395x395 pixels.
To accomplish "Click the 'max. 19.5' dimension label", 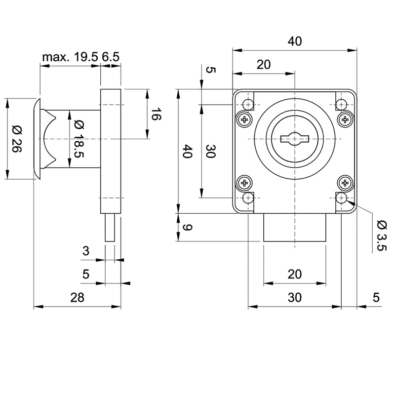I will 70,58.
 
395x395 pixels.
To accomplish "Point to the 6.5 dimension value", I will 111,58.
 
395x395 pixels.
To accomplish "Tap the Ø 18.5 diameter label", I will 78,139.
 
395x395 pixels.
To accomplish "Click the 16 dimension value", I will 156,117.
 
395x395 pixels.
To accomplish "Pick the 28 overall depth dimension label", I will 78,297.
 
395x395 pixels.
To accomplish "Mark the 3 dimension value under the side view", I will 86,251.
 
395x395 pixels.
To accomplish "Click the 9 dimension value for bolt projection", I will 187,228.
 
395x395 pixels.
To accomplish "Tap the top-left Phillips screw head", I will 244,119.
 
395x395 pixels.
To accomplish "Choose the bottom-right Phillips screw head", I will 345,183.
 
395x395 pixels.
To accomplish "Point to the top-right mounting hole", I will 341,104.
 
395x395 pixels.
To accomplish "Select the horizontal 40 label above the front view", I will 295,42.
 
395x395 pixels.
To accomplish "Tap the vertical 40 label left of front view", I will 187,151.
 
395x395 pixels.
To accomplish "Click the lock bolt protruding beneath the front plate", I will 294,228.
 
